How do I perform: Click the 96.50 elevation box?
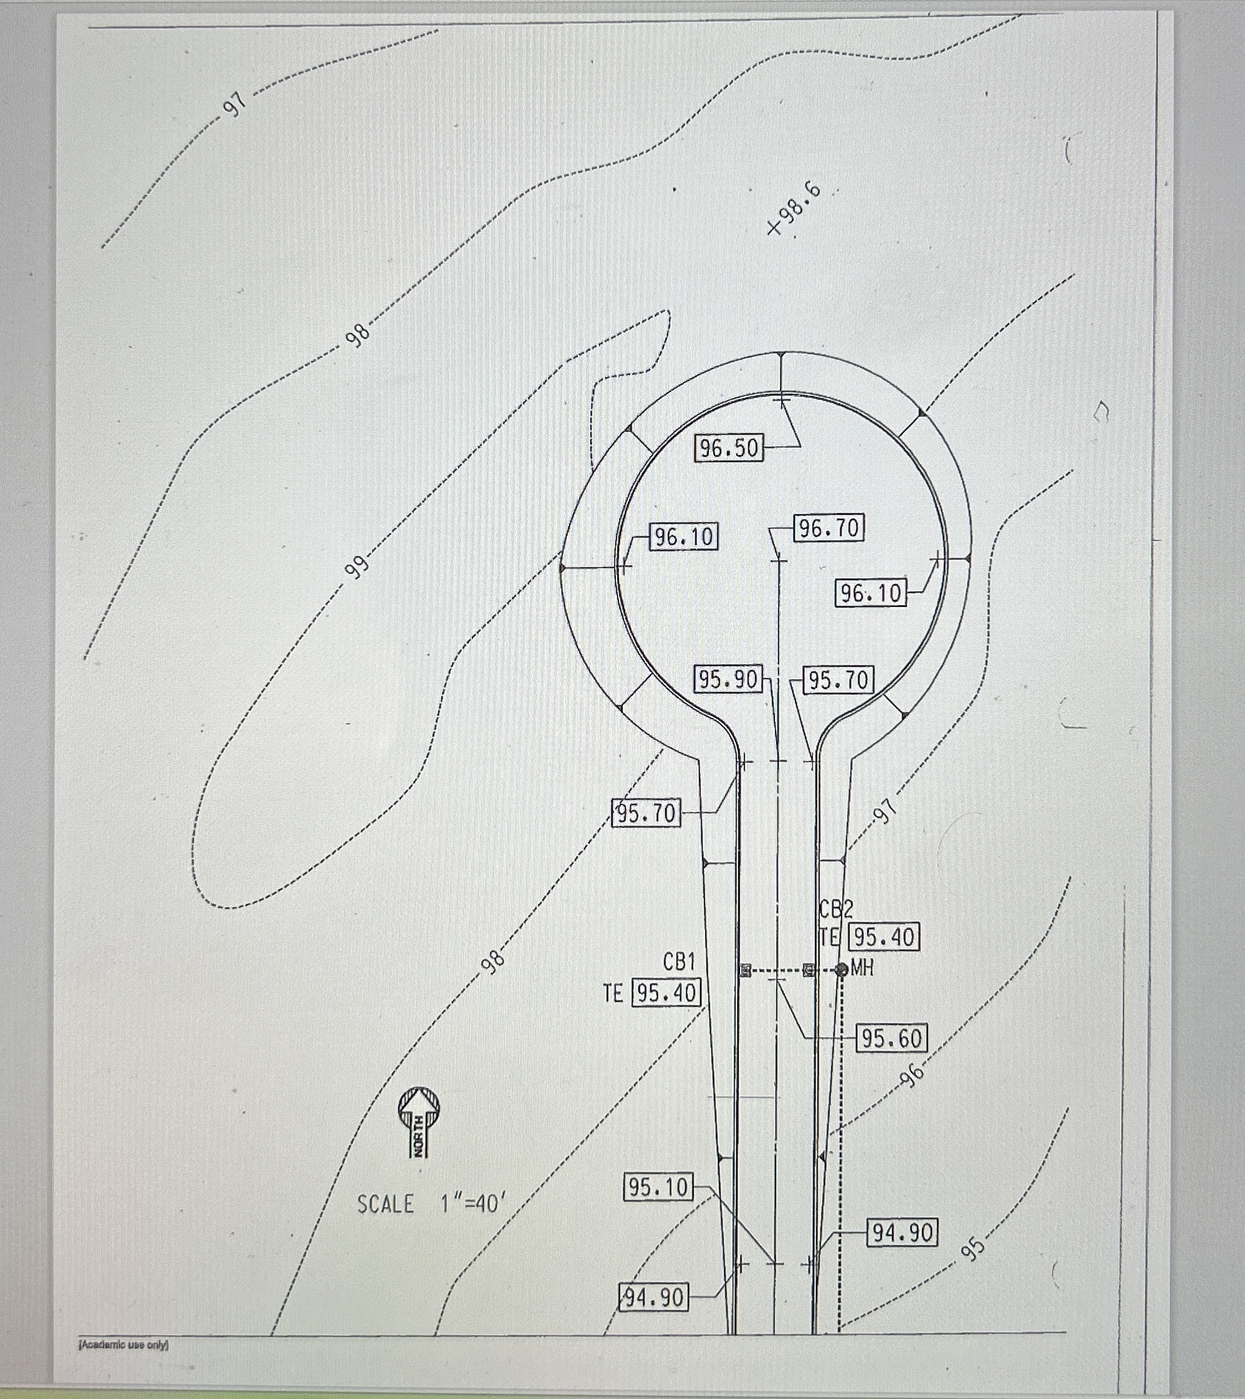[729, 447]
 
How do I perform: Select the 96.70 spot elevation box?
[829, 528]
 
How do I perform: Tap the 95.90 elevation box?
[728, 679]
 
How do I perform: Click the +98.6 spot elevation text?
[795, 209]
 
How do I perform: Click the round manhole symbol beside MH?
[842, 969]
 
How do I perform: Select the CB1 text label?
[679, 962]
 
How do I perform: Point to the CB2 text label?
[836, 909]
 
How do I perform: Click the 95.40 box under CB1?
[666, 993]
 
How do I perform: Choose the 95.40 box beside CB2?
[884, 937]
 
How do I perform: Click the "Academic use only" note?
[124, 1344]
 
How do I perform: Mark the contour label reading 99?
[356, 565]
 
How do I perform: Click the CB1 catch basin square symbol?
[745, 969]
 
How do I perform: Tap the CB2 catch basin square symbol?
[809, 969]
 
